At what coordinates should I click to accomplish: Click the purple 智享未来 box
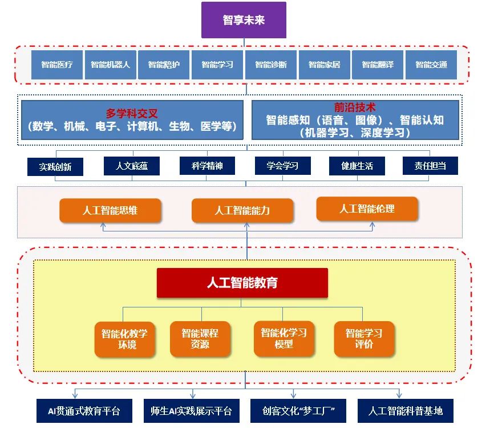click(244, 20)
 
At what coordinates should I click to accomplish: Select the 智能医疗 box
click(57, 65)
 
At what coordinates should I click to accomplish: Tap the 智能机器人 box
click(111, 65)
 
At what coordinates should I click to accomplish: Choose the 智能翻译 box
click(378, 65)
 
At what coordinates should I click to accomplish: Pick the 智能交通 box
click(431, 65)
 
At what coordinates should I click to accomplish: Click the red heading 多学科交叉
click(132, 113)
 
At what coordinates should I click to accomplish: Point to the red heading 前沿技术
click(355, 107)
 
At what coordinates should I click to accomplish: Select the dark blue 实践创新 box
click(55, 167)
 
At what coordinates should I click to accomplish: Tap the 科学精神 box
click(207, 166)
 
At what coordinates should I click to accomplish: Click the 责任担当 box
click(430, 166)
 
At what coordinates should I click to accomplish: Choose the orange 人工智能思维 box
click(110, 210)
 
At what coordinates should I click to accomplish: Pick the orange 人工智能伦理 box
click(367, 209)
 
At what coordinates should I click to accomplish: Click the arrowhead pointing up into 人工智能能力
click(246, 225)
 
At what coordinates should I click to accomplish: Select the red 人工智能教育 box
click(242, 283)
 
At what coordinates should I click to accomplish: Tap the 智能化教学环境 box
click(125, 339)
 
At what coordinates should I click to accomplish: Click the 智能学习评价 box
click(364, 339)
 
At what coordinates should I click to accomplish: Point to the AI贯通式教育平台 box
click(84, 411)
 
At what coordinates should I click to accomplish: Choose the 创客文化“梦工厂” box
click(298, 411)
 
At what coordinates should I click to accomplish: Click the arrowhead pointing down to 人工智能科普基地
click(399, 395)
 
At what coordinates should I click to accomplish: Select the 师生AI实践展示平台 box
click(192, 411)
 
